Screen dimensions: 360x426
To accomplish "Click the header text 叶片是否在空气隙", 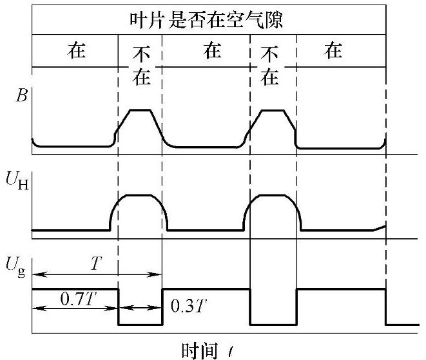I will tap(208, 19).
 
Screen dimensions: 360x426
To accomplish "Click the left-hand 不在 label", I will tap(140, 66).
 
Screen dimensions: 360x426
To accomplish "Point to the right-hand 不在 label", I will tap(271, 66).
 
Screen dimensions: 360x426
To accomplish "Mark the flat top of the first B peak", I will tap(141, 110).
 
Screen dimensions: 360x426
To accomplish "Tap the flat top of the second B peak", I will tap(272, 110).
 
